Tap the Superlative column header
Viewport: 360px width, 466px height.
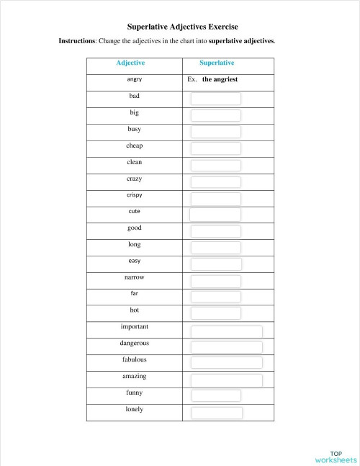coord(216,63)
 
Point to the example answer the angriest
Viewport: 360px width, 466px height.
coord(220,80)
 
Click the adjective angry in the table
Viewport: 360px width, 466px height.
coord(134,79)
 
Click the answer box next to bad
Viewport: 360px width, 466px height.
coord(216,99)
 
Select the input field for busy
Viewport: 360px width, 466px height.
coord(216,132)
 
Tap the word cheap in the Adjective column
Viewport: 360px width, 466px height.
coord(134,145)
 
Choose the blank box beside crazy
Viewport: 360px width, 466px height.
coord(216,182)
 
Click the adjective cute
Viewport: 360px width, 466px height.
coord(134,212)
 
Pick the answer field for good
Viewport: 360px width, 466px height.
coord(216,230)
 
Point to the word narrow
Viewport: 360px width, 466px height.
coord(134,277)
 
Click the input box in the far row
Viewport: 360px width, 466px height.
coord(216,297)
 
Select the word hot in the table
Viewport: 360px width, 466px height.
coord(134,310)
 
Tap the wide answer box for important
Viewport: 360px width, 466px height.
coord(226,331)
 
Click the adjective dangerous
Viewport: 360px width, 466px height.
coord(134,344)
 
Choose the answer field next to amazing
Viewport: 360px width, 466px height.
coord(226,380)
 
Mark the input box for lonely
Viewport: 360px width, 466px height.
coord(216,413)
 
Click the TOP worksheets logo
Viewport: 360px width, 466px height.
coord(335,457)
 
